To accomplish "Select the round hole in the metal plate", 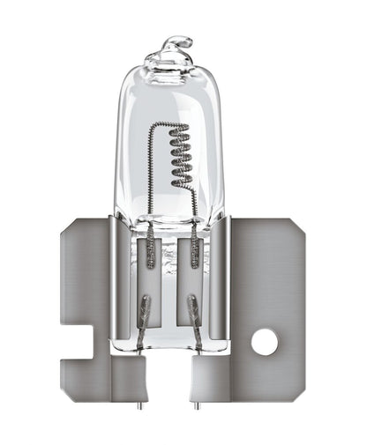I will (264, 341).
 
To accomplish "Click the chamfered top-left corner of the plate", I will (65, 227).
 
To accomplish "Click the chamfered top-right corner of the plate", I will (299, 227).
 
